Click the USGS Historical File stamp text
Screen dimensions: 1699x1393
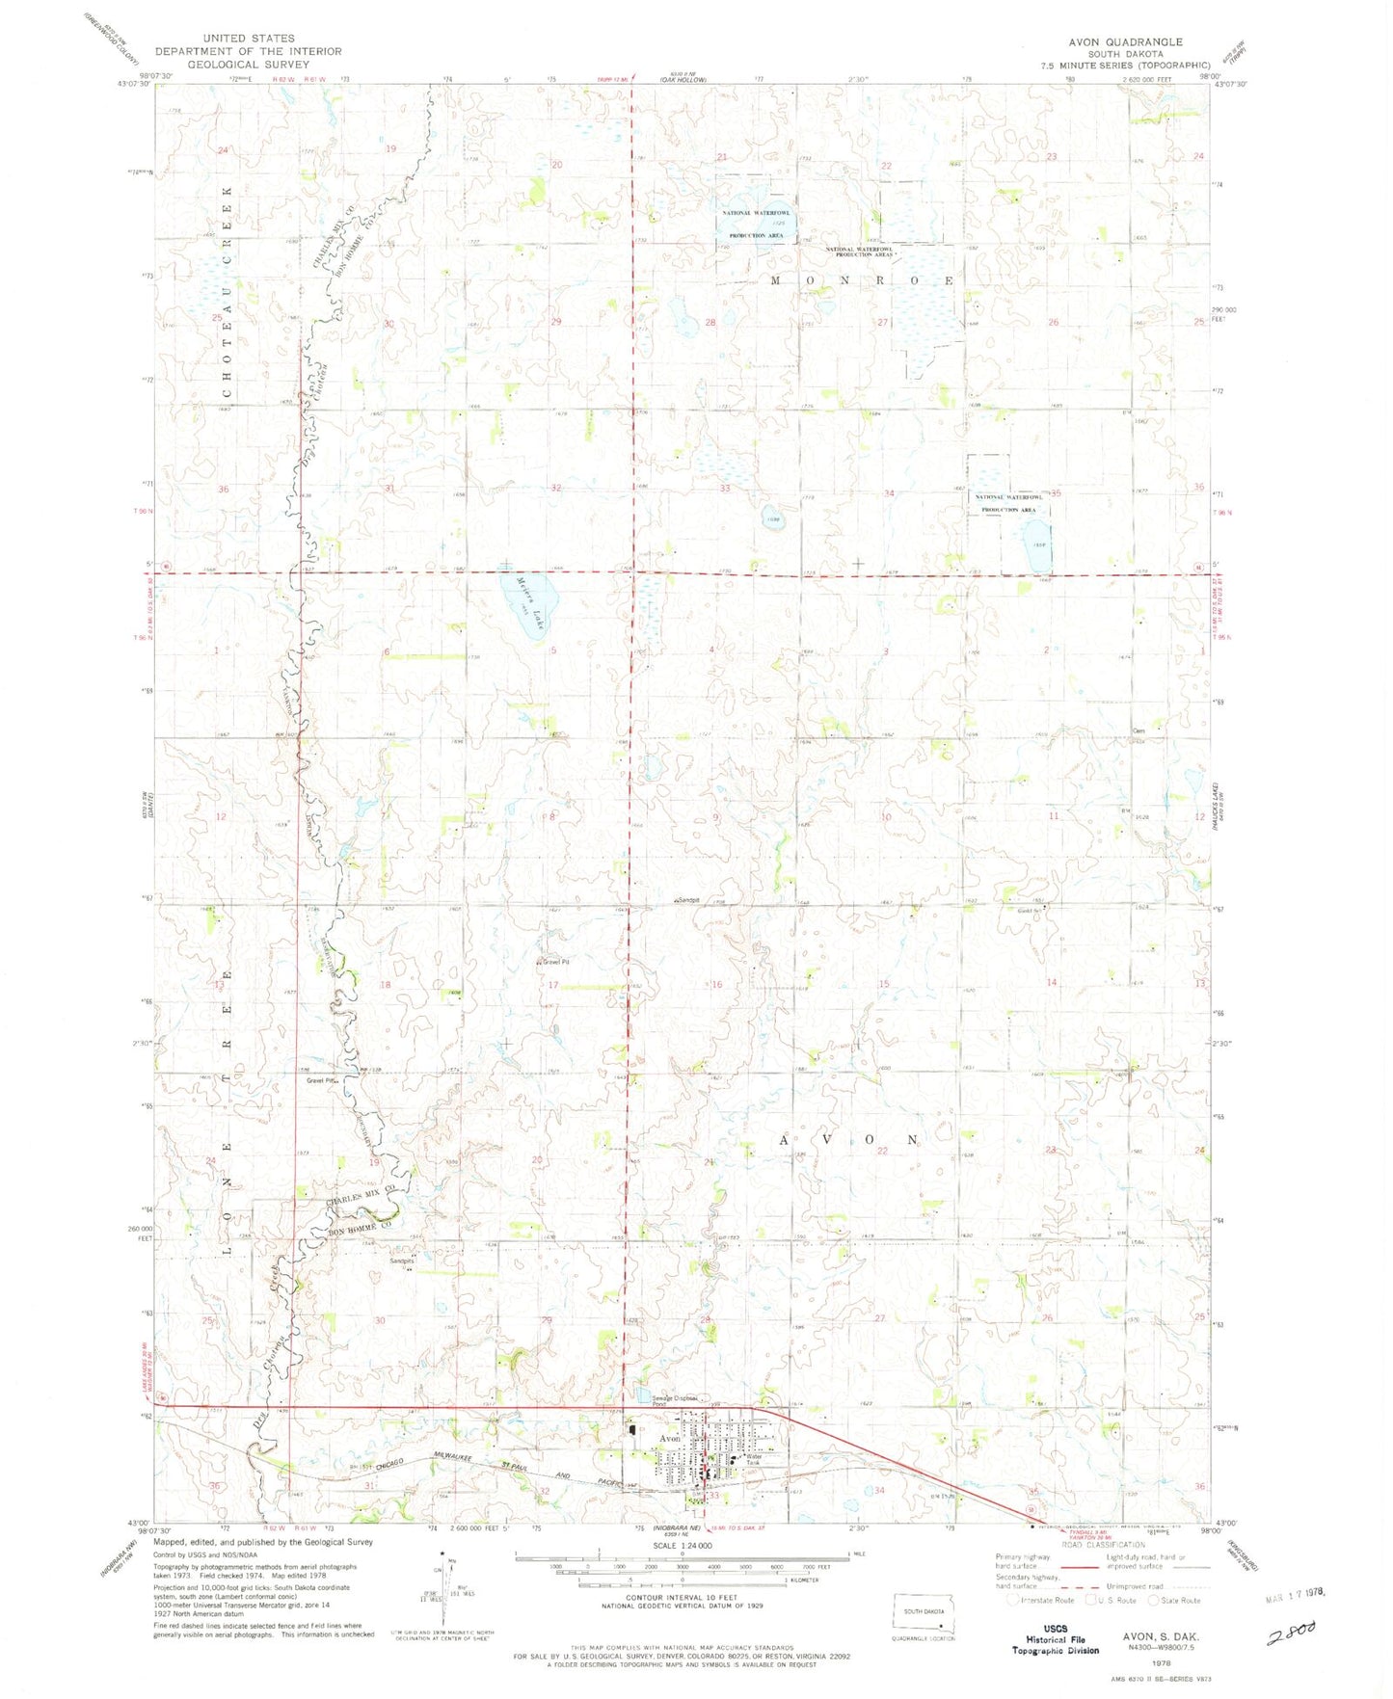click(1056, 1638)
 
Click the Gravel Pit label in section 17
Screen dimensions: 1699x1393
click(554, 961)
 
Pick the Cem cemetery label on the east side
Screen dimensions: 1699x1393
click(1139, 730)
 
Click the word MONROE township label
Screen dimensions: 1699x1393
click(863, 280)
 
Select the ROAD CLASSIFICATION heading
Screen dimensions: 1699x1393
click(1099, 1545)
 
